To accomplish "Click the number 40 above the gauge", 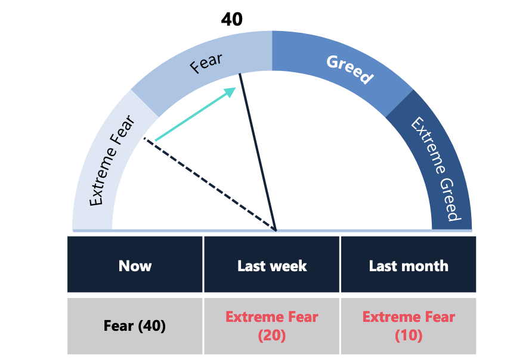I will point(231,19).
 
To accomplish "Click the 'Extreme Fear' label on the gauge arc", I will point(112,161).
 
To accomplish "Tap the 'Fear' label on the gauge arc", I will point(206,63).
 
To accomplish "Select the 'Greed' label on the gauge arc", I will point(349,69).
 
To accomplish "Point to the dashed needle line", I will point(209,184).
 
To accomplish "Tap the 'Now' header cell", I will point(135,266).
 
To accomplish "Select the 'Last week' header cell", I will point(272,266).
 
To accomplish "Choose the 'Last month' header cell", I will point(409,266).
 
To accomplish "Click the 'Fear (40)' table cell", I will point(135,326).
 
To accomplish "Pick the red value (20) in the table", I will point(272,336).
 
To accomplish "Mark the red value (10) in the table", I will point(409,336).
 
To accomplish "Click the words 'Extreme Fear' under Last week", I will point(272,317).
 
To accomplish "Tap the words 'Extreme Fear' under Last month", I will point(409,317).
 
